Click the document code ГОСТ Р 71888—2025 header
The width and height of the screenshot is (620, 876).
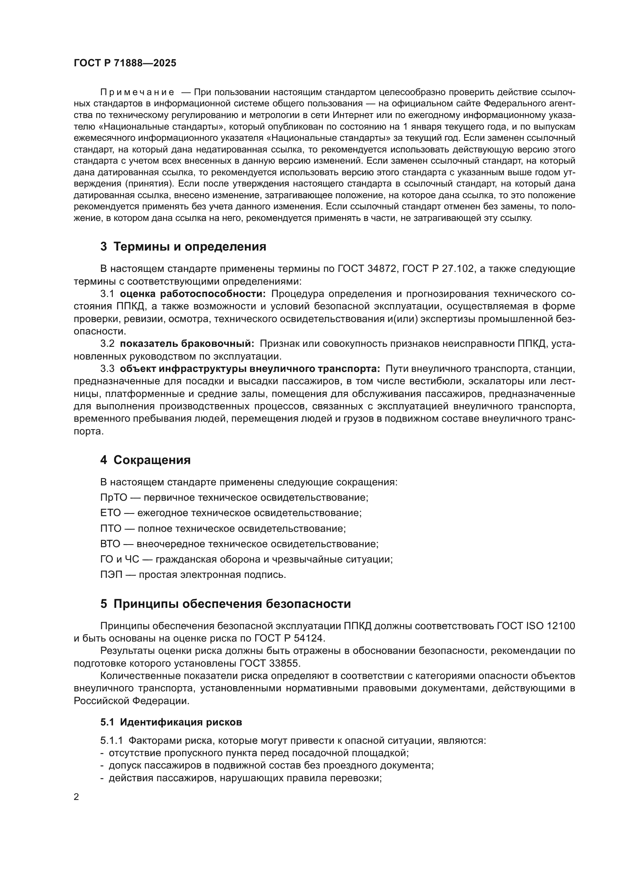[125, 63]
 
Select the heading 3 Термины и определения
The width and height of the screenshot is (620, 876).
[183, 247]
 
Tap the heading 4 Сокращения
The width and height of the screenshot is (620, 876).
[145, 460]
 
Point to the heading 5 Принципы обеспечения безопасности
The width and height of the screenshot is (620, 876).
[225, 604]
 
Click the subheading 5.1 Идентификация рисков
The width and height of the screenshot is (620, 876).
[171, 722]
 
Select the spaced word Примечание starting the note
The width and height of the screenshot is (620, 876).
[138, 93]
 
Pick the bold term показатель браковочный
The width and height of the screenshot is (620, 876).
[187, 344]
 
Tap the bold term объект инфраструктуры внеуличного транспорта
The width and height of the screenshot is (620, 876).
[250, 369]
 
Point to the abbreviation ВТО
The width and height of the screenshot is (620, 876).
[110, 544]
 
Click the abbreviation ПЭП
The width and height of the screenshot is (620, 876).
[111, 575]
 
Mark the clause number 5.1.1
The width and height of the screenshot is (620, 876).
[111, 741]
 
